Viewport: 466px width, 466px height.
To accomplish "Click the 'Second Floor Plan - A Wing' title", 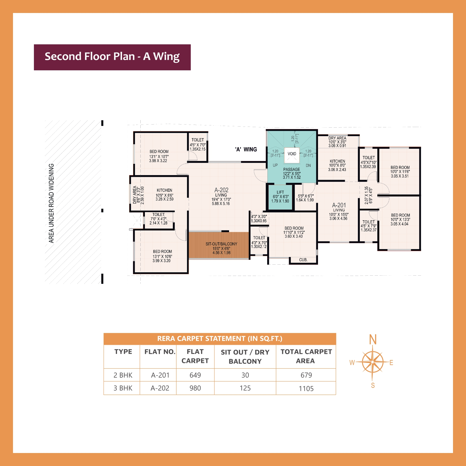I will [112, 57].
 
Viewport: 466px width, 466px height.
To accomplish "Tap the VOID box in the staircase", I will [292, 154].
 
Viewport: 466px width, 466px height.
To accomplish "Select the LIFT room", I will [280, 197].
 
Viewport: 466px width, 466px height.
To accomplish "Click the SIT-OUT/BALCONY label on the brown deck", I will [221, 244].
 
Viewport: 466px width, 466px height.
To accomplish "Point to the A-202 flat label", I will [221, 190].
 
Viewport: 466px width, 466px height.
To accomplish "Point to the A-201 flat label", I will [339, 205].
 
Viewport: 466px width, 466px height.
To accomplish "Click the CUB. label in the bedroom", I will [303, 260].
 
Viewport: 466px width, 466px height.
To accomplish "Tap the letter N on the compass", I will [373, 339].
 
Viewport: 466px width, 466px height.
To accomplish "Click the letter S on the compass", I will [373, 386].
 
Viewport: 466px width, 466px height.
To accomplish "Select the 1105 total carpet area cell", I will [306, 388].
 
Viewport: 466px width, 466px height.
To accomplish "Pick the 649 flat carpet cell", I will [195, 375].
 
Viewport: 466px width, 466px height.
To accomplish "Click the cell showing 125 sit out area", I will [245, 388].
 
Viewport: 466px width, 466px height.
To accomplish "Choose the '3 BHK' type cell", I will [123, 388].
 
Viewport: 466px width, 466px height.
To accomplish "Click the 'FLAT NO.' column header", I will [160, 352].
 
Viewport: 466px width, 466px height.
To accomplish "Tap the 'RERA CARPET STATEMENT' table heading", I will [220, 339].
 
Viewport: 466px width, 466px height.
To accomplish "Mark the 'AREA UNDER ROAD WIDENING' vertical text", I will [51, 203].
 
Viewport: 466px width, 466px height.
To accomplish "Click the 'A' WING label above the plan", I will [246, 149].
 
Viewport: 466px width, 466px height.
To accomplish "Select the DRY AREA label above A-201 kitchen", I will [337, 138].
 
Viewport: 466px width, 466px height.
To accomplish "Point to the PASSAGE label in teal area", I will [292, 169].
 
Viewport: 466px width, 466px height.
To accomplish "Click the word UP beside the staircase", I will [275, 165].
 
